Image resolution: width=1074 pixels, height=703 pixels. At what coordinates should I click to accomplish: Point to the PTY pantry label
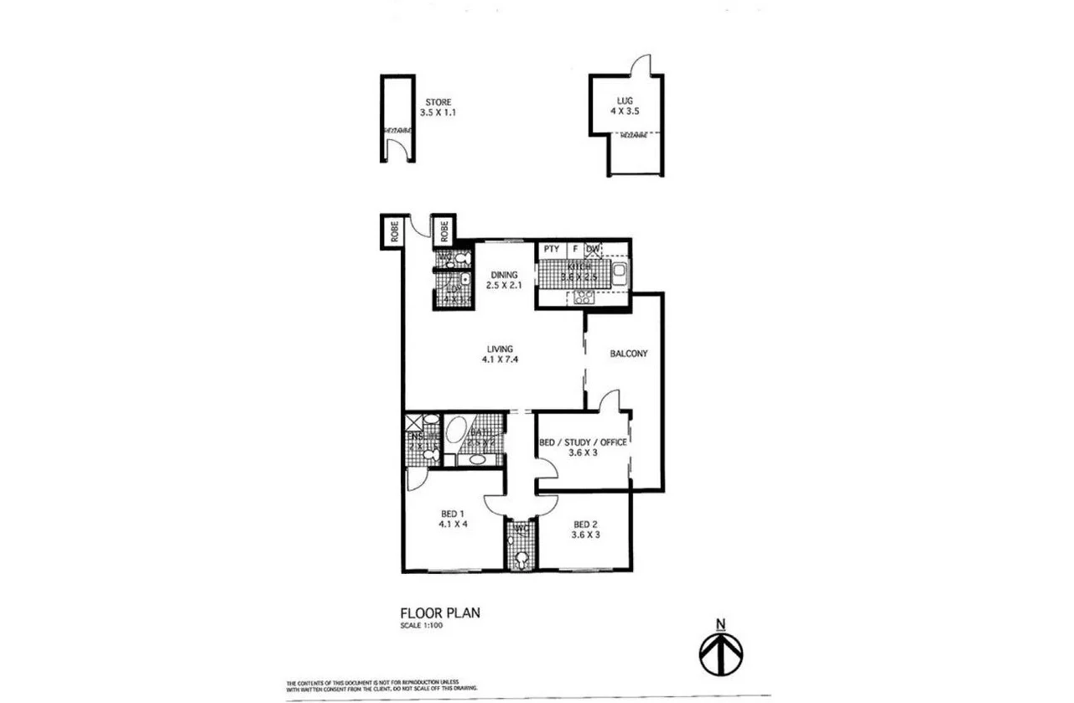pyautogui.click(x=551, y=249)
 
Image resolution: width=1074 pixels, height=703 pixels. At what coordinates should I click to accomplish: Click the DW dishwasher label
pyautogui.click(x=593, y=249)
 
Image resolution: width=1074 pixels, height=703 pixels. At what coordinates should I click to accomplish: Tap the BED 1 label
pyautogui.click(x=451, y=514)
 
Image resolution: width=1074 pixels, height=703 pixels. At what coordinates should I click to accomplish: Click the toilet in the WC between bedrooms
pyautogui.click(x=521, y=559)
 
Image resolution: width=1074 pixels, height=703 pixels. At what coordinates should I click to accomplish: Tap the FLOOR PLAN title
pyautogui.click(x=440, y=613)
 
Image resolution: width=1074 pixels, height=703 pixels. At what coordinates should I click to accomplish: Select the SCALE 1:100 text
pyautogui.click(x=422, y=624)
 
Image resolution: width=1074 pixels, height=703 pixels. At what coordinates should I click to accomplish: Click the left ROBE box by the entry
pyautogui.click(x=392, y=230)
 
